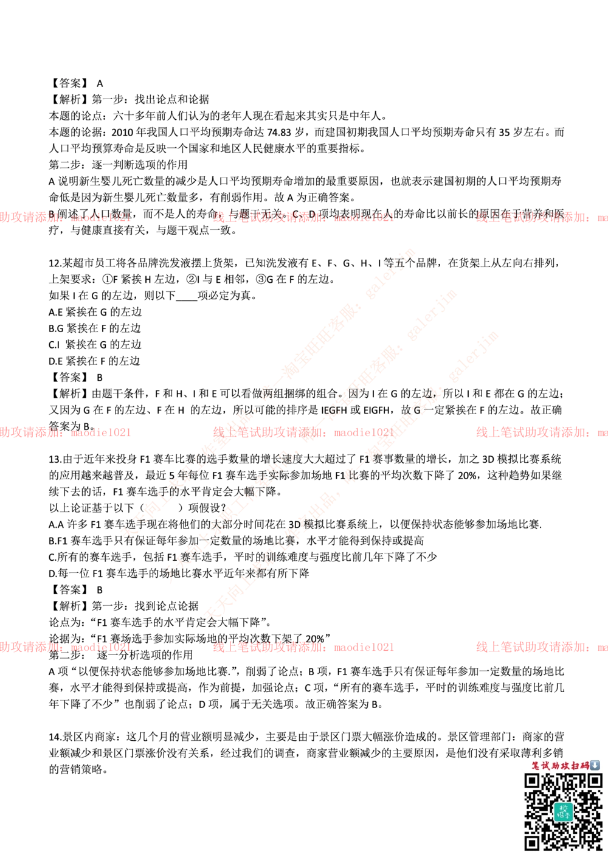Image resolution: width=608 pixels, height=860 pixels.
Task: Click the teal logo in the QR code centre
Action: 563,811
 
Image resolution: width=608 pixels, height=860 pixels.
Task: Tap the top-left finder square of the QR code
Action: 532,781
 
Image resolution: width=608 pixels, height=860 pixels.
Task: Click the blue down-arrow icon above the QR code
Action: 595,765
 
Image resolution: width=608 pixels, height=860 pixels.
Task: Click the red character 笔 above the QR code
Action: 537,765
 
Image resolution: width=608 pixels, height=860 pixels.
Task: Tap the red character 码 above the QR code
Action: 585,765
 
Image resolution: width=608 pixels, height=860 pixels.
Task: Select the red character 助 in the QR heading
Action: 556,765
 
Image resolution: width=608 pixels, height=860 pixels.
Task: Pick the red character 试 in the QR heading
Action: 547,765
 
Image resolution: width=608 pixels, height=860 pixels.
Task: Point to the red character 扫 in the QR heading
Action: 575,765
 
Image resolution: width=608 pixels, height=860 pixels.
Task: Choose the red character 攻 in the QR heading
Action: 565,765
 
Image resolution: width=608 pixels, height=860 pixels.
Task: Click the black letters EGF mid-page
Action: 332,411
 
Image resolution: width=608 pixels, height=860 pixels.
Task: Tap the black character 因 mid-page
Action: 352,393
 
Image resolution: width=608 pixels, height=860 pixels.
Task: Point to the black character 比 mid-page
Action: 353,475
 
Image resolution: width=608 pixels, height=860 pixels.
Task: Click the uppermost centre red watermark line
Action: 303,215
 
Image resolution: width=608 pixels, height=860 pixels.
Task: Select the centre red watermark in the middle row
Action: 303,432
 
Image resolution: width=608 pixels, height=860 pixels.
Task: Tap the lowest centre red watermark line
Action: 303,648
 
